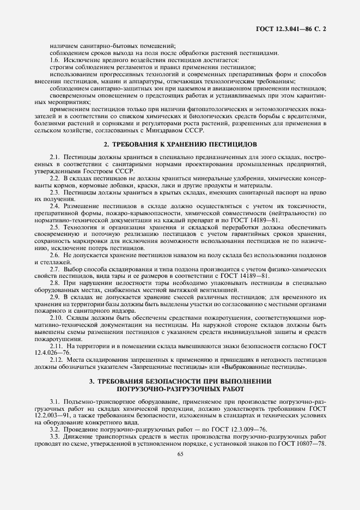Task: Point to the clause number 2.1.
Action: click(x=53, y=157)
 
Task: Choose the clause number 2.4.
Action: click(x=53, y=207)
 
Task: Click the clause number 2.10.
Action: click(x=55, y=318)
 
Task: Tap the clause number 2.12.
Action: click(x=55, y=360)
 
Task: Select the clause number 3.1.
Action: click(x=53, y=402)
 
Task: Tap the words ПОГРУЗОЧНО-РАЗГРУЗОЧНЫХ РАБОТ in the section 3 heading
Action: click(x=180, y=389)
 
